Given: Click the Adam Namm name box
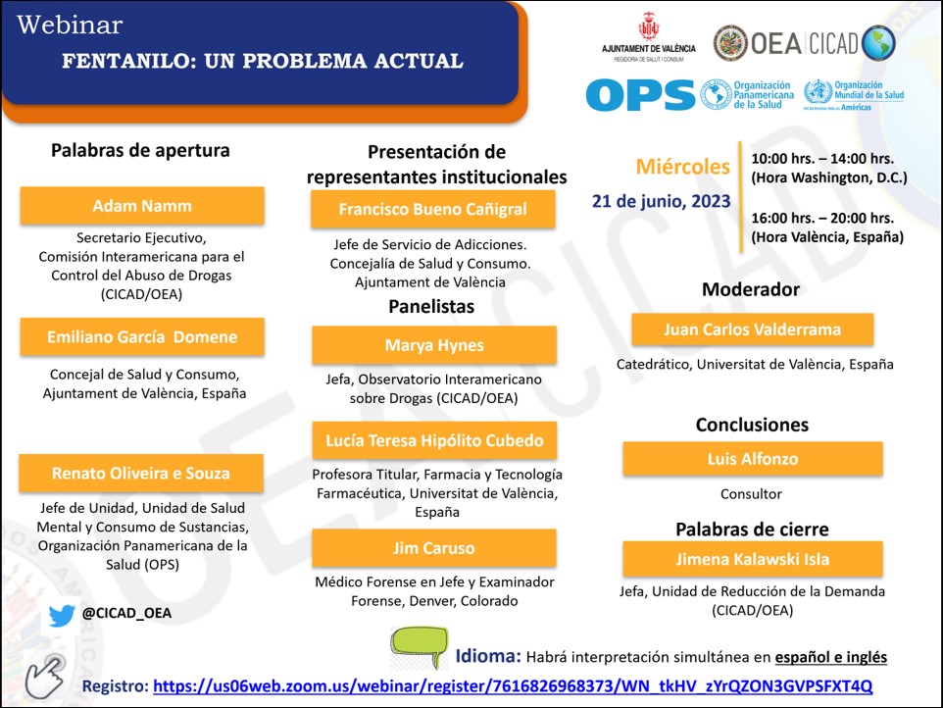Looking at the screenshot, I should pos(142,206).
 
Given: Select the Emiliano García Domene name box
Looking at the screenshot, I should pos(142,336).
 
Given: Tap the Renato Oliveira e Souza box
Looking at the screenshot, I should pos(141,473).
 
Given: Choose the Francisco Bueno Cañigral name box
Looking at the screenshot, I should pos(432,209).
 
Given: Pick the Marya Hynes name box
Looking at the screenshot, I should pos(434,345).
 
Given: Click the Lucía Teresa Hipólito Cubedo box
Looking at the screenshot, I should pos(434,440).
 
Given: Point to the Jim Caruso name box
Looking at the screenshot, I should pos(434,548).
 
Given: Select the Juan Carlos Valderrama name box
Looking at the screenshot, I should pos(752,329).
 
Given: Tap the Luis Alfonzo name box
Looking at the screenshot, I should pos(752,459).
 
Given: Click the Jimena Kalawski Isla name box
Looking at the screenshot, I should pos(752,559).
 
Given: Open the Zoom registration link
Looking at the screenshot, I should pos(513,685).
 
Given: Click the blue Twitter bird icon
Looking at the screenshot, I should pos(62,615).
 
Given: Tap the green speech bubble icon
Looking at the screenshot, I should pos(419,648).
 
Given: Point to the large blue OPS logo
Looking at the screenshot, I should pos(640,95).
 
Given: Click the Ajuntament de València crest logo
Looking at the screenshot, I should pos(648,29).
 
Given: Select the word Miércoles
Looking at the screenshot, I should pos(682,167).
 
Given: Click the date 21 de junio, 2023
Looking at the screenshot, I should pos(661,201).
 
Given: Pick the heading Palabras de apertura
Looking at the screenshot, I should pos(140,151).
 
